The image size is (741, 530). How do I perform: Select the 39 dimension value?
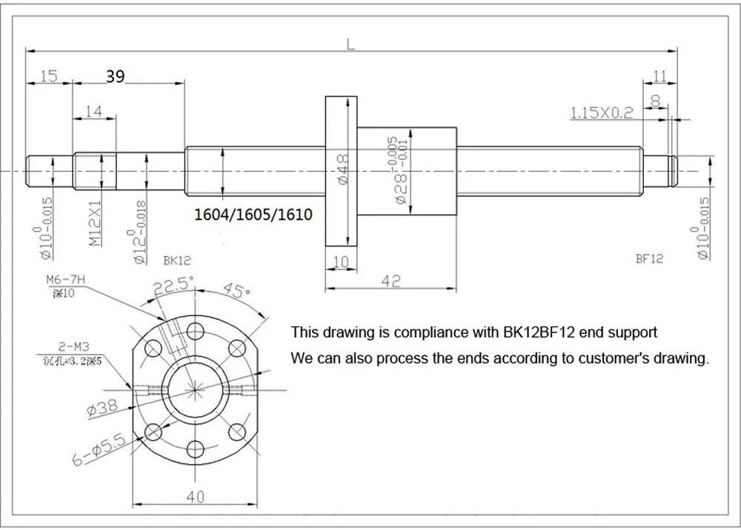(115, 76)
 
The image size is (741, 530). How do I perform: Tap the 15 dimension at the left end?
(49, 76)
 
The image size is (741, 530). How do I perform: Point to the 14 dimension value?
(94, 111)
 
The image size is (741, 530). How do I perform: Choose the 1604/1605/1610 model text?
(253, 215)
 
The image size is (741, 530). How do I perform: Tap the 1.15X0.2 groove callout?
(601, 113)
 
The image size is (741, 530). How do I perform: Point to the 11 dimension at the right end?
(660, 76)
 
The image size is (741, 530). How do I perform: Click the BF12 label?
(649, 258)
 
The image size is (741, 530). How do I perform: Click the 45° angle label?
(236, 291)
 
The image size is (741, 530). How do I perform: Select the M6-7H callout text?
(65, 278)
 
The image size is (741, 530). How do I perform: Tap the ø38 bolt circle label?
(103, 407)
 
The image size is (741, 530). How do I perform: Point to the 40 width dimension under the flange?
(195, 497)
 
